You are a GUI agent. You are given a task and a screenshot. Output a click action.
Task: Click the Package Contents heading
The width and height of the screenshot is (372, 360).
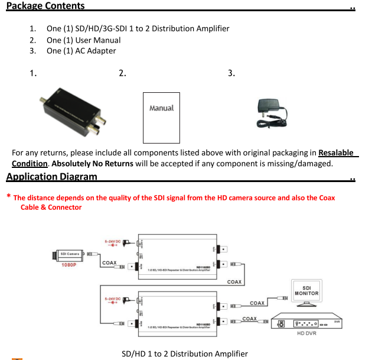click(x=45, y=6)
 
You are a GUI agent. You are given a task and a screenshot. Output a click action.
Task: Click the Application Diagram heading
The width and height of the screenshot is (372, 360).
click(x=51, y=176)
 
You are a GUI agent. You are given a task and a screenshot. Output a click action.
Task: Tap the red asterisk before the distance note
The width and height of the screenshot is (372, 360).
click(x=8, y=197)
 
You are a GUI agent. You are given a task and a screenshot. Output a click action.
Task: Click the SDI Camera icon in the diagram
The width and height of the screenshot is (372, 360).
click(x=70, y=254)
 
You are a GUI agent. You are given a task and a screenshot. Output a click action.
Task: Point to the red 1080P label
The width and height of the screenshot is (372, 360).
click(x=70, y=265)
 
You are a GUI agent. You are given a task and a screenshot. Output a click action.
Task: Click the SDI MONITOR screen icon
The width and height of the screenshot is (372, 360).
click(x=306, y=293)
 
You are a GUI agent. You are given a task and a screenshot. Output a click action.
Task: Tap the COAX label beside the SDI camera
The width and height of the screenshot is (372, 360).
click(x=109, y=262)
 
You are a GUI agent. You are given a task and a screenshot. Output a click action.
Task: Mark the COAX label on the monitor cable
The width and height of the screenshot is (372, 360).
click(x=257, y=303)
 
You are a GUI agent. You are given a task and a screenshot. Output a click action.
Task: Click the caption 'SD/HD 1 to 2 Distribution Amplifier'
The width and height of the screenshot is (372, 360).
click(x=184, y=353)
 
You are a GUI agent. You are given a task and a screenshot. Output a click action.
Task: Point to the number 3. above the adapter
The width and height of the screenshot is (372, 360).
click(x=231, y=73)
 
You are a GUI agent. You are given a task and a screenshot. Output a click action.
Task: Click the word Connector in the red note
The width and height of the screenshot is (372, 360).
click(x=64, y=207)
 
